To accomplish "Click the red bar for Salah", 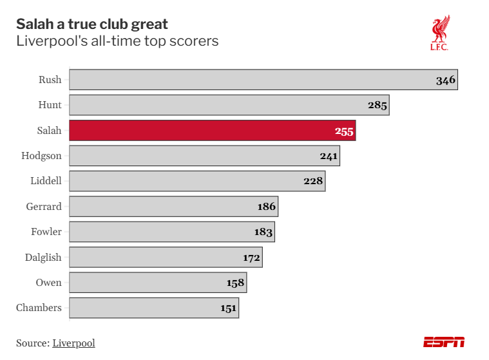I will click(212, 131).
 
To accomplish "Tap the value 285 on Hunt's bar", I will click(378, 105).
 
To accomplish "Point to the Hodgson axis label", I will click(41, 156).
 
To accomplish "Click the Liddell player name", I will click(46, 181).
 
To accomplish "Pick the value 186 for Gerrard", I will click(266, 207).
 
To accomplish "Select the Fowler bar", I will click(171, 232).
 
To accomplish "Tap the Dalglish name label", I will click(43, 258).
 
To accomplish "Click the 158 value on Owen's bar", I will click(235, 283).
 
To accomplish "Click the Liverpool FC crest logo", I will click(440, 33).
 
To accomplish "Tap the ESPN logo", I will click(443, 343).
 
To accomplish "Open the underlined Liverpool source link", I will click(73, 343).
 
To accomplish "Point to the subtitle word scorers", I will click(195, 41).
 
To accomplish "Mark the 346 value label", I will click(445, 81).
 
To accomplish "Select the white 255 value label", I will click(344, 131).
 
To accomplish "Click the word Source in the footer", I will click(32, 343).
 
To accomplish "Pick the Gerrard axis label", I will click(44, 207).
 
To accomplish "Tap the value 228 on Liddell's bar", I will click(313, 182).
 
